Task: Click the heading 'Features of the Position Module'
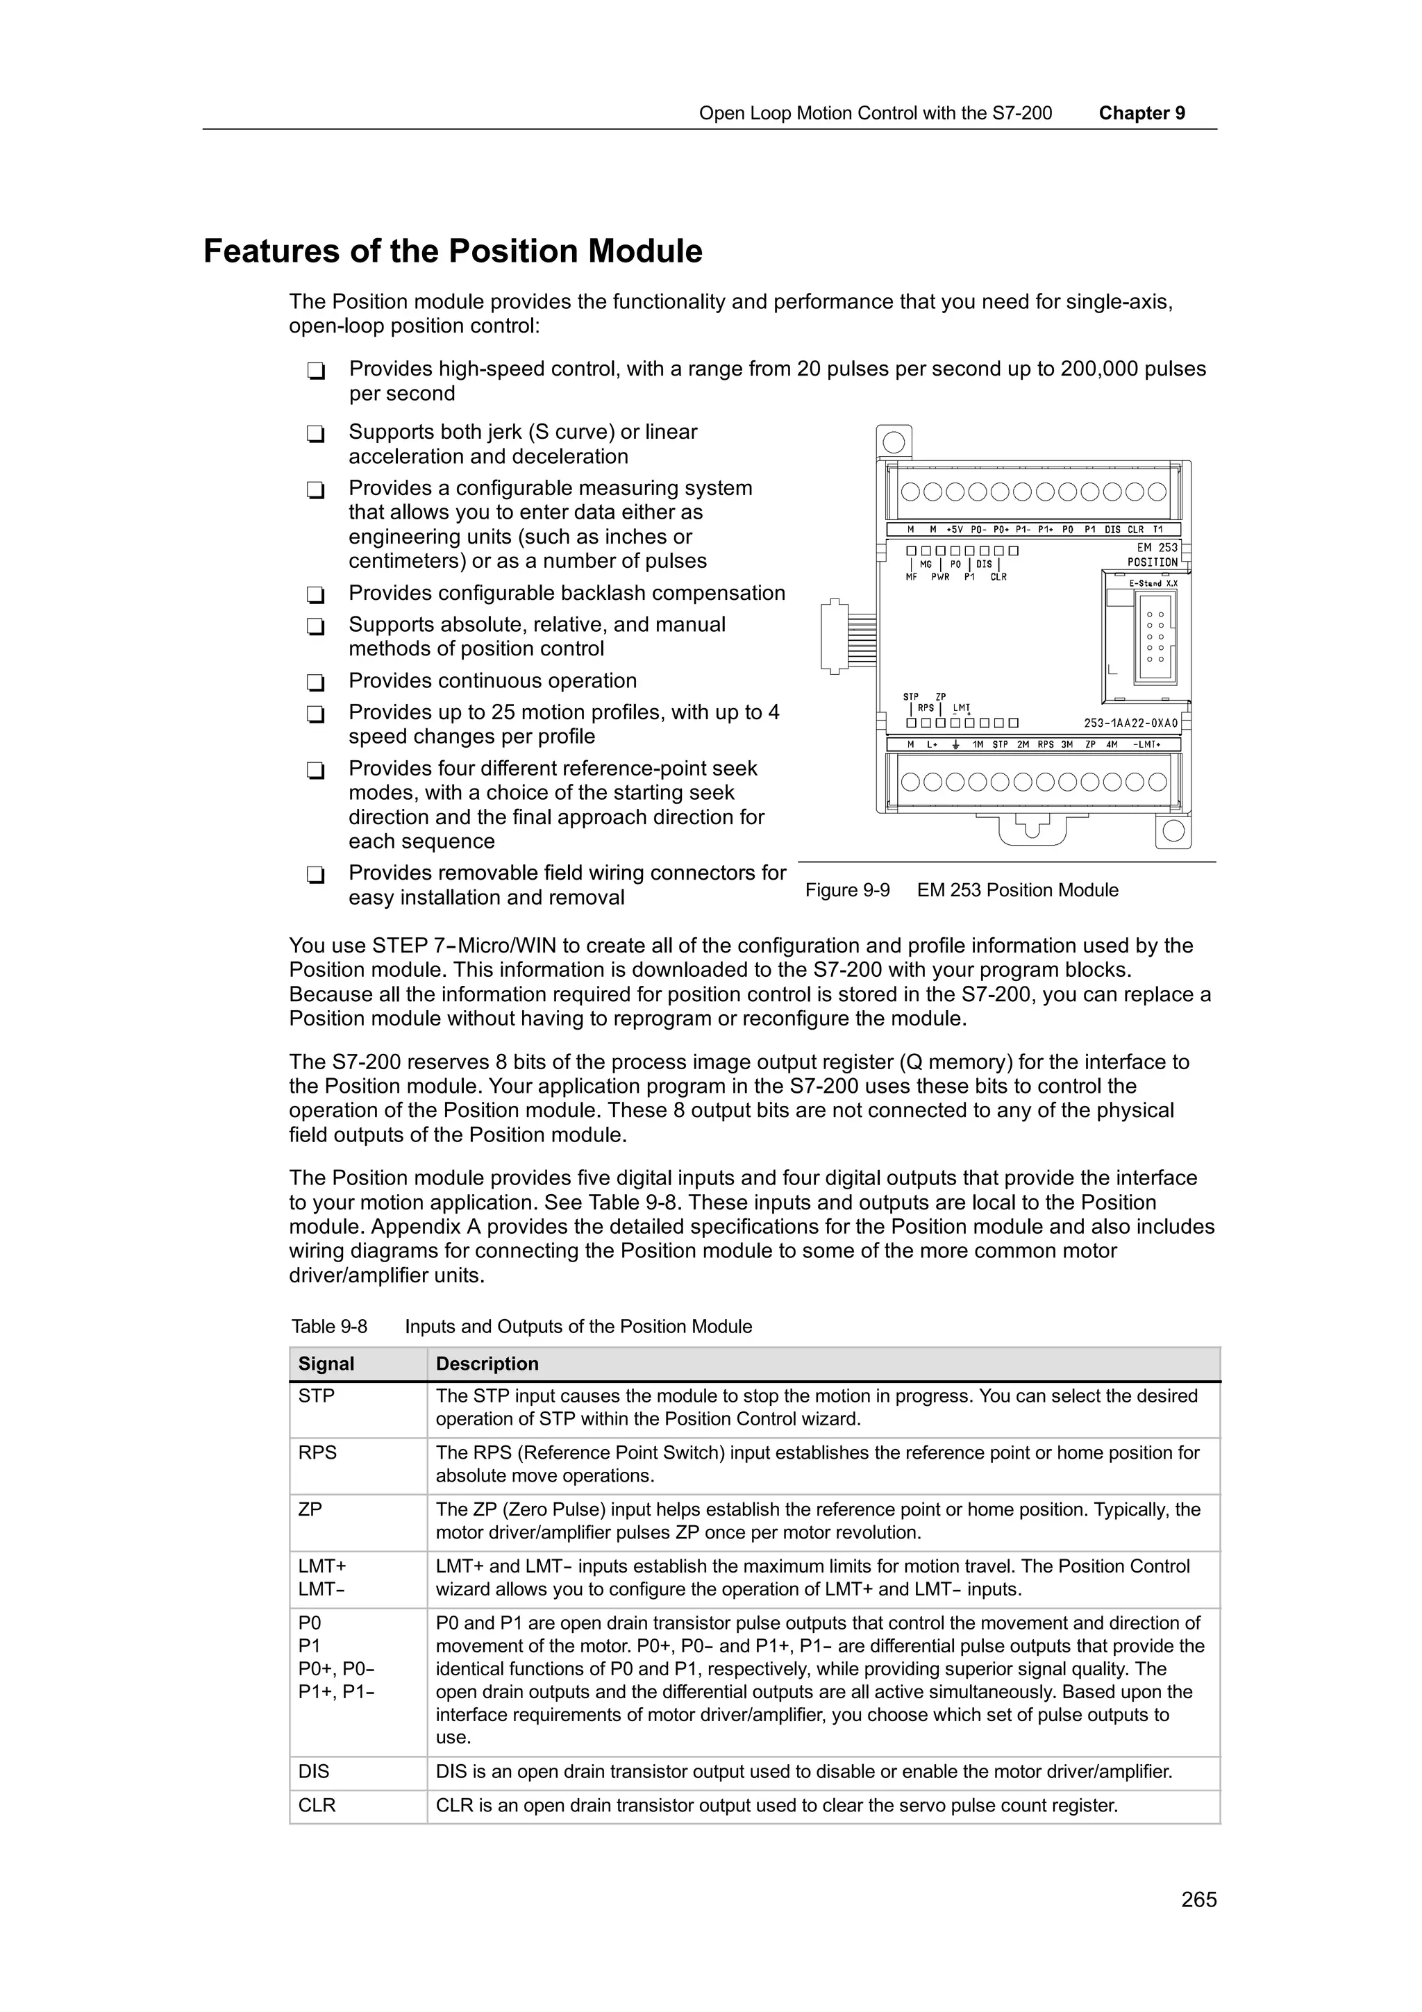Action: point(452,251)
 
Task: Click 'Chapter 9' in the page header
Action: point(1141,113)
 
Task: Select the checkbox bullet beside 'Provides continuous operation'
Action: point(315,682)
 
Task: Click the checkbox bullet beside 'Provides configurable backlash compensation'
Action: point(315,595)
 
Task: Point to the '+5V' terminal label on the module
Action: point(954,529)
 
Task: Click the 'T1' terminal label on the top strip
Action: point(1157,529)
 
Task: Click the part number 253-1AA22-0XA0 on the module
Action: point(1130,724)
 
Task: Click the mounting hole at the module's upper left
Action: point(894,442)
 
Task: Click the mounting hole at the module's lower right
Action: point(1173,830)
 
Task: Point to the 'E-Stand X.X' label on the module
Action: point(1153,582)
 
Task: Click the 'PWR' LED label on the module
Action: point(940,578)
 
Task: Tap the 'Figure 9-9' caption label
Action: point(846,890)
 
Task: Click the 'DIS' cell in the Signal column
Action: point(314,1771)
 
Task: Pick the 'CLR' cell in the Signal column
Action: point(317,1805)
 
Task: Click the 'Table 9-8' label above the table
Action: point(328,1327)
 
